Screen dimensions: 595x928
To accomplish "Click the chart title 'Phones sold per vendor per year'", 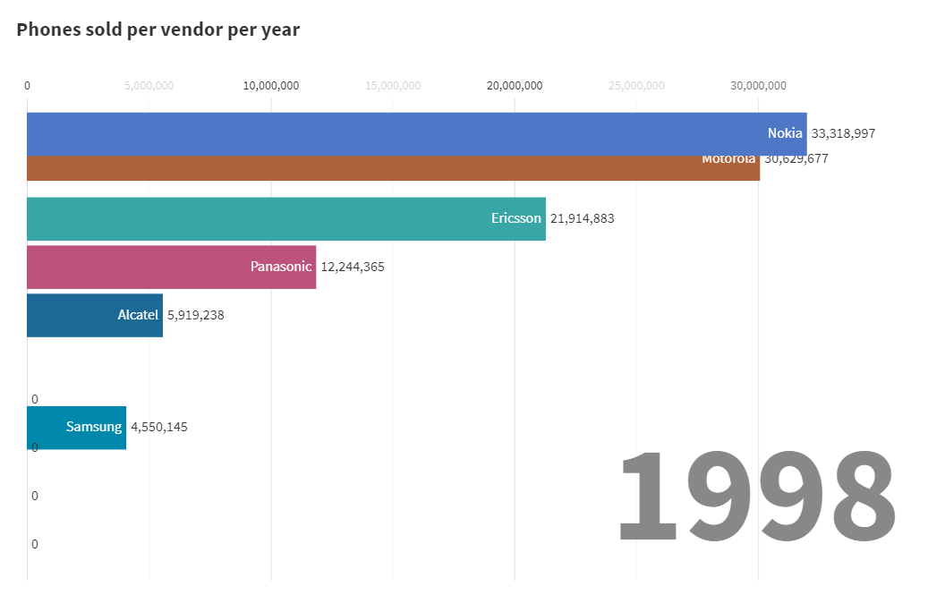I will pyautogui.click(x=158, y=30).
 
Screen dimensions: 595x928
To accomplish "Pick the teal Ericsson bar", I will pyautogui.click(x=268, y=218).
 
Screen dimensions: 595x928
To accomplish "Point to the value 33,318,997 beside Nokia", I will pyautogui.click(x=843, y=133).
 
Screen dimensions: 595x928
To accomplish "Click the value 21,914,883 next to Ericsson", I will pyautogui.click(x=583, y=218).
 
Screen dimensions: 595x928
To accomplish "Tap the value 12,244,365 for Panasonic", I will pyautogui.click(x=353, y=267).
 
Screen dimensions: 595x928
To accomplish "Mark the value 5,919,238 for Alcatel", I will pyautogui.click(x=196, y=315).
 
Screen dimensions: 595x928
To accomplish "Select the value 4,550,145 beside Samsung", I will pyautogui.click(x=159, y=427).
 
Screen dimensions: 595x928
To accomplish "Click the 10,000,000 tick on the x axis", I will pyautogui.click(x=271, y=86).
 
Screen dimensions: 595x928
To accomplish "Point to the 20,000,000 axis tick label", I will pyautogui.click(x=515, y=86).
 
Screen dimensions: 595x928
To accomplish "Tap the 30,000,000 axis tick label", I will pyautogui.click(x=758, y=86).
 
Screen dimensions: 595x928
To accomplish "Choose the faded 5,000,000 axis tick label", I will pyautogui.click(x=149, y=86).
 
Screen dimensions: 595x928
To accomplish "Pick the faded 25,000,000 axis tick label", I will pyautogui.click(x=636, y=86).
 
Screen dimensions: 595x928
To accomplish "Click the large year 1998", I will pyautogui.click(x=756, y=497).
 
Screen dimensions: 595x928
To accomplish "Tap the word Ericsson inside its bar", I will pyautogui.click(x=516, y=218).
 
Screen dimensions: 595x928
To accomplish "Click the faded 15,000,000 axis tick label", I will pyautogui.click(x=393, y=86).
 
